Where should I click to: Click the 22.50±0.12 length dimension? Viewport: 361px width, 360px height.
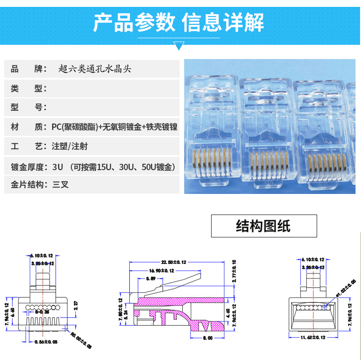(x=174, y=262)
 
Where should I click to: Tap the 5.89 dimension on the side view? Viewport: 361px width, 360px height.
(x=150, y=279)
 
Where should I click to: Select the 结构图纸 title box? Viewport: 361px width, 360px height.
(x=264, y=226)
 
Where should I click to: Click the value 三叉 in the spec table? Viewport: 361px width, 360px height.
(x=60, y=185)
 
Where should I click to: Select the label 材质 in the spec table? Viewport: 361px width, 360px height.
(x=27, y=127)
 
